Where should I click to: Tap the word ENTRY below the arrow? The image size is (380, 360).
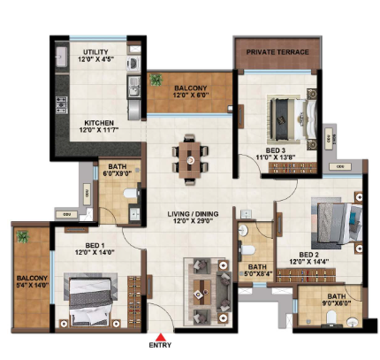click(x=160, y=345)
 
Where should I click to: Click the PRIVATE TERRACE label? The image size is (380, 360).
click(x=277, y=52)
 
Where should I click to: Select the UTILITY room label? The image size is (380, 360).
click(x=95, y=52)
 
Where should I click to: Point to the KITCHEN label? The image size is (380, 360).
click(x=99, y=123)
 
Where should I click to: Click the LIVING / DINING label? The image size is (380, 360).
click(x=193, y=214)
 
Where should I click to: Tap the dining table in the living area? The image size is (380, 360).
click(x=190, y=159)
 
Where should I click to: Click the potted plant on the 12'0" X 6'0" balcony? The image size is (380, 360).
click(x=156, y=80)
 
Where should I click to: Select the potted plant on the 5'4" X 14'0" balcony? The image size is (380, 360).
click(x=23, y=237)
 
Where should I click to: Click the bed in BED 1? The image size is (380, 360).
click(x=90, y=301)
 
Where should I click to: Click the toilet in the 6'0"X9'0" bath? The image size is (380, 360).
click(x=130, y=194)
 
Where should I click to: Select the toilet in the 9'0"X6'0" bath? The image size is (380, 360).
click(x=331, y=318)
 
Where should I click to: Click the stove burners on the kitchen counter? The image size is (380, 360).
click(x=62, y=105)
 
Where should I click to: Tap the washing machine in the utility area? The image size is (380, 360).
click(x=133, y=64)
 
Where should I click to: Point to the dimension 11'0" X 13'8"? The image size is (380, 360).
click(x=276, y=157)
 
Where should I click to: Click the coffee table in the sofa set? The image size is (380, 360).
click(x=201, y=293)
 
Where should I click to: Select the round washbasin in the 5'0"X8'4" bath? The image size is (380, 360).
click(x=243, y=230)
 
